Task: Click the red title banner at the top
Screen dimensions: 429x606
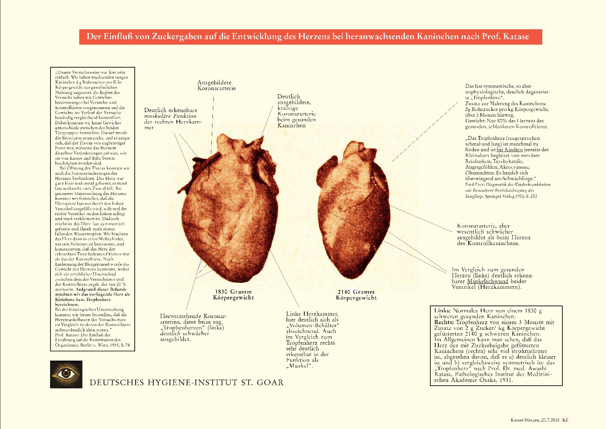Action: [x=310, y=37]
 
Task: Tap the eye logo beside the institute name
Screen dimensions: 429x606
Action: [x=66, y=374]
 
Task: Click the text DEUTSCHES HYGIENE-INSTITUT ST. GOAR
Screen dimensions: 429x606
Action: [x=186, y=382]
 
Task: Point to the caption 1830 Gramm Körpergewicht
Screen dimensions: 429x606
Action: [x=233, y=294]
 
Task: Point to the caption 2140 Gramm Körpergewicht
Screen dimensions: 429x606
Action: [x=356, y=295]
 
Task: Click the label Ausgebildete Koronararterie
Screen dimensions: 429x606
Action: [x=216, y=85]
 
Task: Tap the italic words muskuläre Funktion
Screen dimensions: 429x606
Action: [x=170, y=116]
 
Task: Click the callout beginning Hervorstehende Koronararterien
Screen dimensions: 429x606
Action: [x=193, y=327]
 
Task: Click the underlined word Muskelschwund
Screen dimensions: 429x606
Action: [x=487, y=281]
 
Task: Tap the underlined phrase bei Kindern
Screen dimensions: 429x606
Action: [x=509, y=150]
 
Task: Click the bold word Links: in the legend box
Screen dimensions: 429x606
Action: [x=442, y=310]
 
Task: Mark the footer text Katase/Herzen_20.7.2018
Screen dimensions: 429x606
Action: [x=535, y=420]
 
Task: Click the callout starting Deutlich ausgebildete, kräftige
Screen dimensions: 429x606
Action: [x=296, y=111]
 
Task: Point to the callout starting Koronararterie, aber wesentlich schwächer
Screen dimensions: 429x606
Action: [x=493, y=234]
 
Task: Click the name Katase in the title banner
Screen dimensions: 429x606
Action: [x=516, y=37]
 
